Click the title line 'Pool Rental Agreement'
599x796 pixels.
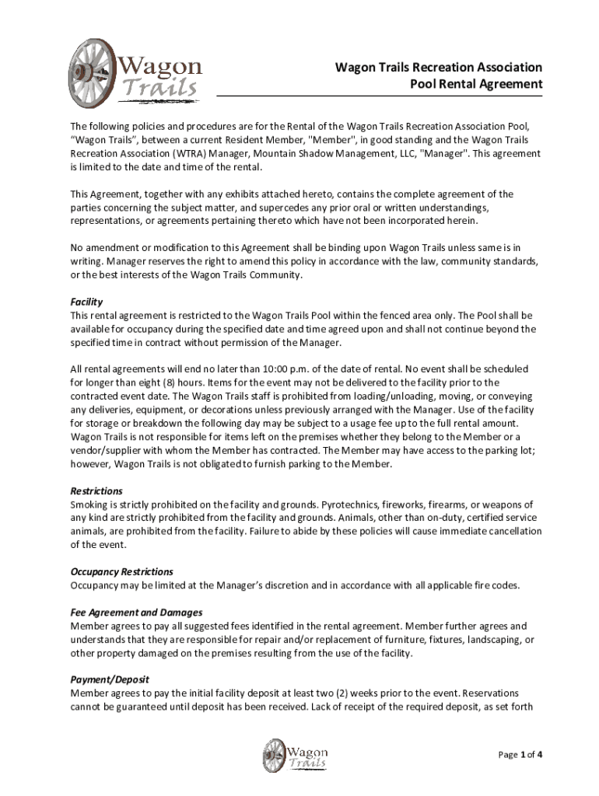(476, 84)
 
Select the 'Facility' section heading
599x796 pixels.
(86, 302)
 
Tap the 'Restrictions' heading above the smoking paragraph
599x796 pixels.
(96, 491)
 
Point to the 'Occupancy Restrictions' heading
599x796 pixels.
(121, 571)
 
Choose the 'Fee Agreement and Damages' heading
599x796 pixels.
(136, 612)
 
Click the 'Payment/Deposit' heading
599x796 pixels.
(110, 679)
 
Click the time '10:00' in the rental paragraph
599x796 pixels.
(271, 369)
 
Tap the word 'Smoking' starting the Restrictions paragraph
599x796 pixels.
(91, 505)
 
